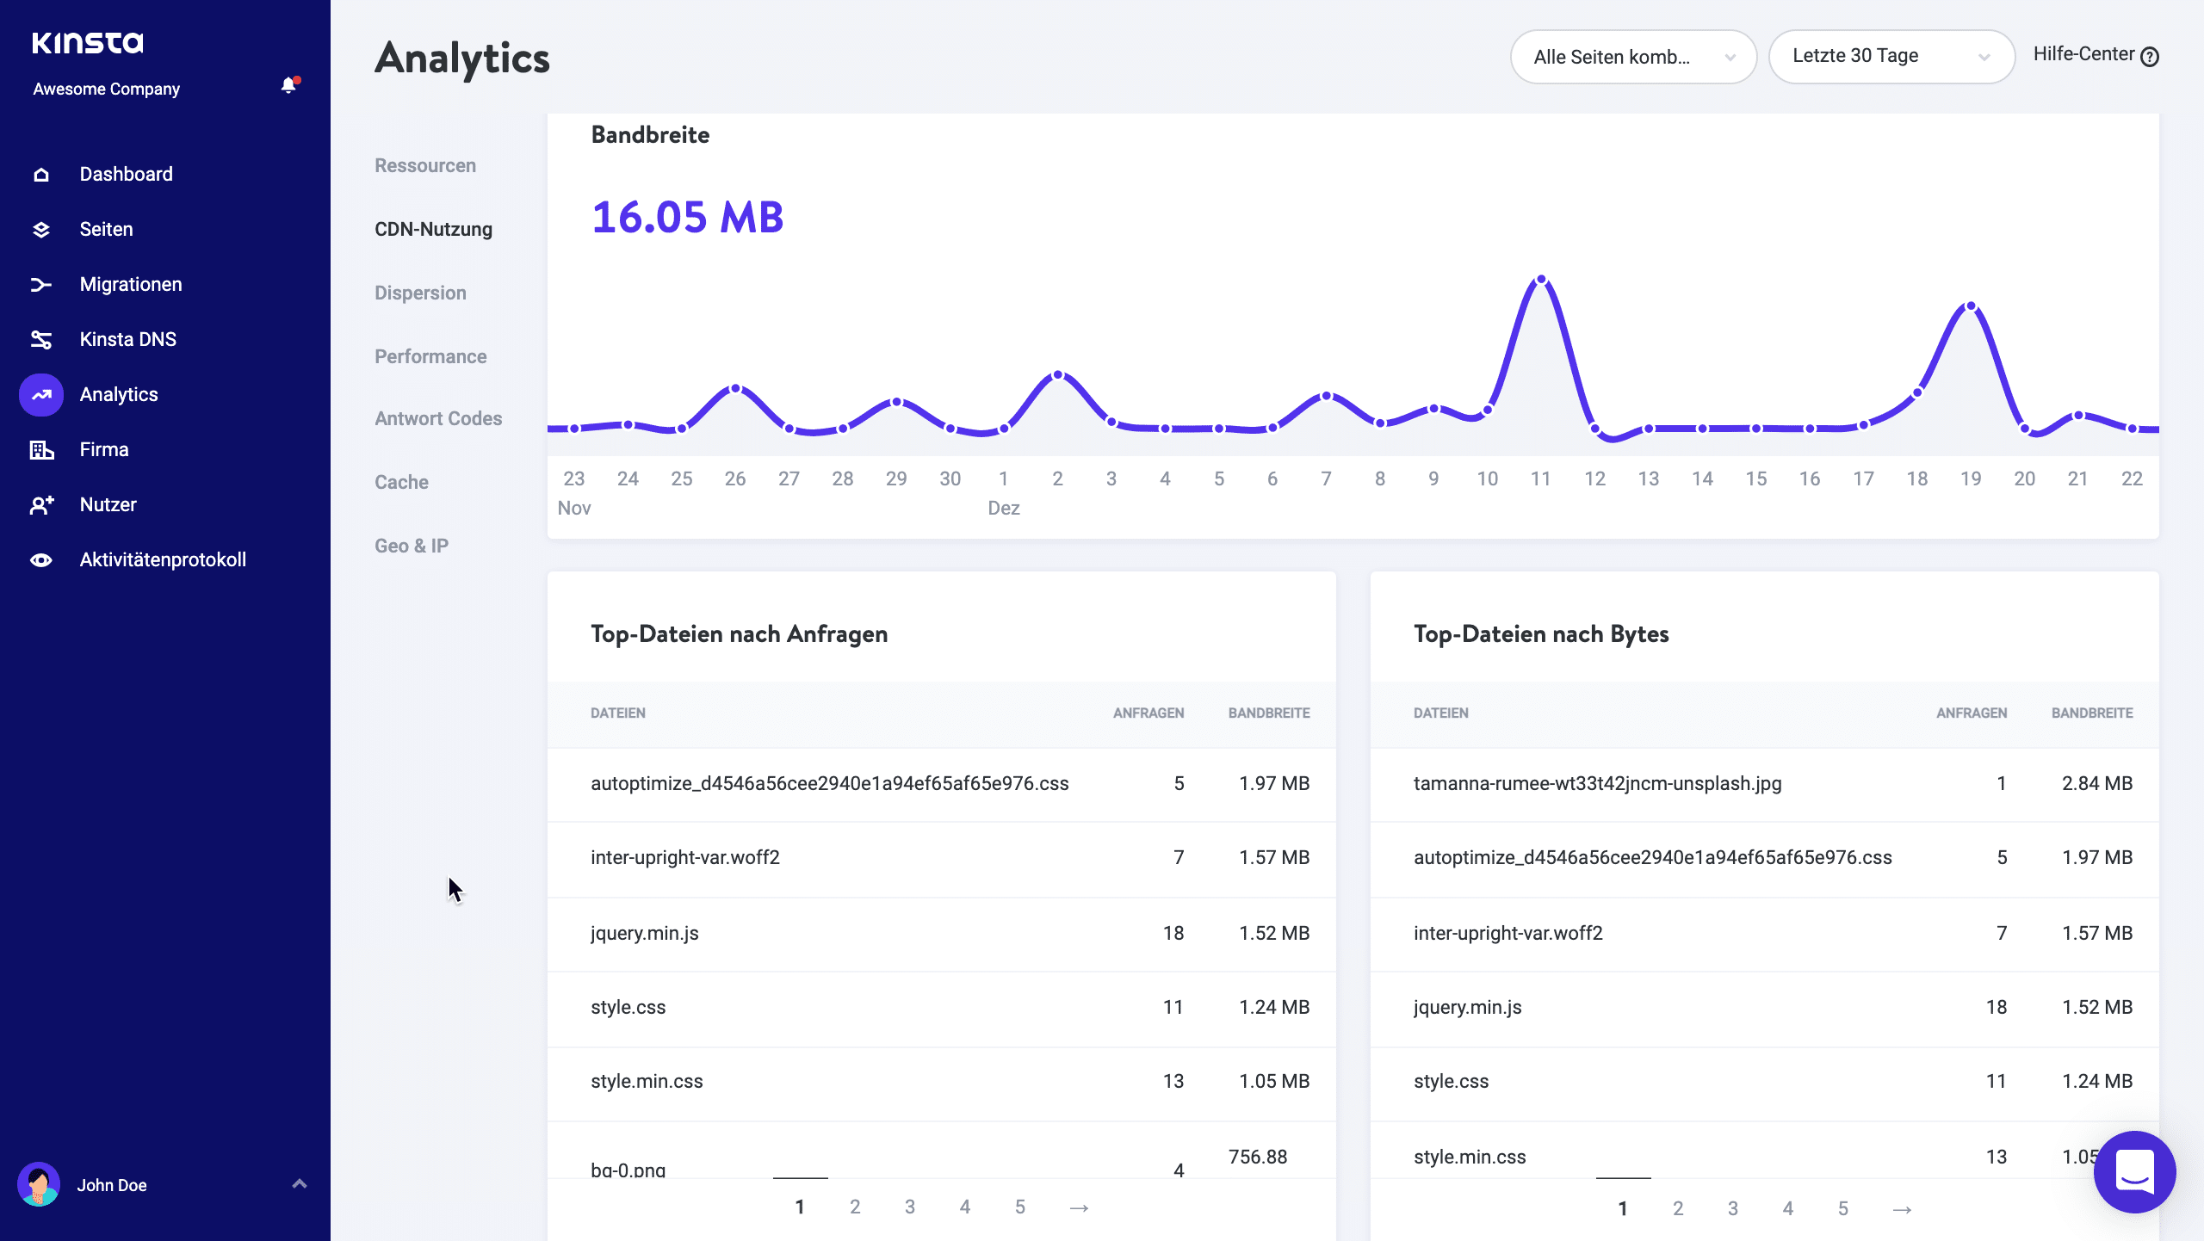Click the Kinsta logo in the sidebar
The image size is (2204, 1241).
tap(88, 43)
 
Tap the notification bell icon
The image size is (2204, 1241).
tap(288, 85)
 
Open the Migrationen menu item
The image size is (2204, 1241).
tap(130, 284)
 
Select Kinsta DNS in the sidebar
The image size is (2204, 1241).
tap(127, 339)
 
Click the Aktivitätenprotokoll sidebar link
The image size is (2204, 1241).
tap(163, 559)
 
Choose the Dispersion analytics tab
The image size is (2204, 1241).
tap(420, 293)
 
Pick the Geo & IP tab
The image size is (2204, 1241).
tap(412, 546)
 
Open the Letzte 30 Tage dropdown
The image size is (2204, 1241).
tap(1891, 57)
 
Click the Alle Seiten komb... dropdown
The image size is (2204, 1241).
tap(1632, 57)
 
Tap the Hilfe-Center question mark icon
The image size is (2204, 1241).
tap(2150, 57)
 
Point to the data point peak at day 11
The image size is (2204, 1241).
tap(1541, 280)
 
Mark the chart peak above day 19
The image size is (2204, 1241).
tap(1971, 306)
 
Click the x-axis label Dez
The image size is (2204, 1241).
tap(1004, 508)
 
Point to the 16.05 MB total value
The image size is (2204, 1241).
tap(687, 217)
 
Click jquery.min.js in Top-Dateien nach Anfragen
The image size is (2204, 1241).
tap(644, 933)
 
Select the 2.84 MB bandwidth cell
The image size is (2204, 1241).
tap(2096, 783)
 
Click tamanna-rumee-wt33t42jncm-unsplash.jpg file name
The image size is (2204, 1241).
tap(1597, 783)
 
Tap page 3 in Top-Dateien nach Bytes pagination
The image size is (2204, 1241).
tap(1732, 1208)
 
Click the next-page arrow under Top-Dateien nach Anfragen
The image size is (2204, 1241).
tap(1079, 1207)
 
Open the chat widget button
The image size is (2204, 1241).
tap(2134, 1171)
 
